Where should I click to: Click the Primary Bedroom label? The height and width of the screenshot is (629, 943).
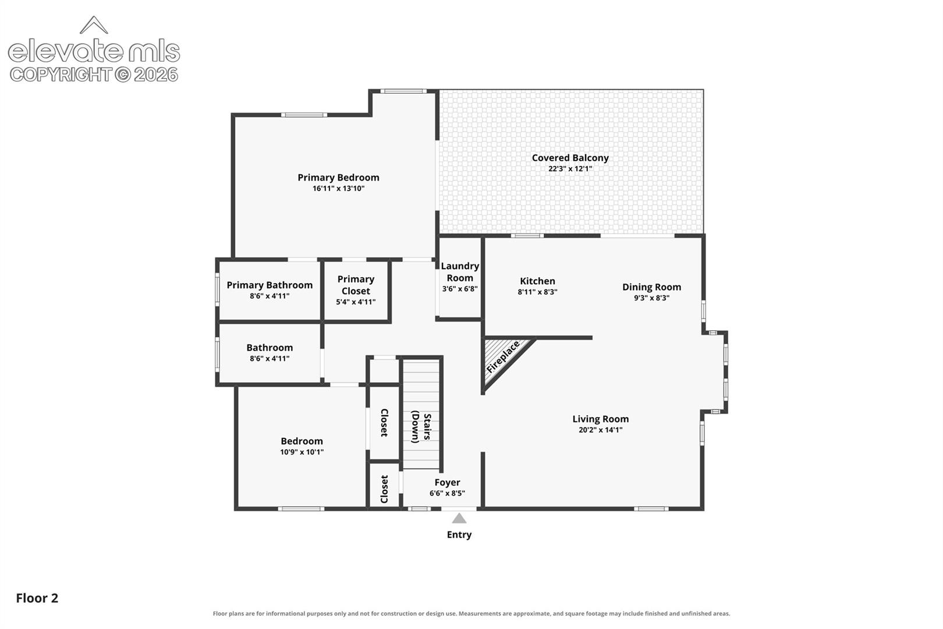[338, 178]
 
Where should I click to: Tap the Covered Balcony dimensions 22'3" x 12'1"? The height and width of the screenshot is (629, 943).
[570, 168]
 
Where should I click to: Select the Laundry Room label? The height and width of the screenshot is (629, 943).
[460, 272]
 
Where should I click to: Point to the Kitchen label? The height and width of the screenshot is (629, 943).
[537, 281]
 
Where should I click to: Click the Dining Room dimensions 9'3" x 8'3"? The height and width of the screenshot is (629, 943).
[652, 298]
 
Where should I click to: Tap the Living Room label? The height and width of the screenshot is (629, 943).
[600, 419]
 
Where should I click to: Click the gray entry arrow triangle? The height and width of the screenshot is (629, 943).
[459, 518]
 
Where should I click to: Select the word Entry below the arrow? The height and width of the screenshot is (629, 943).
[459, 535]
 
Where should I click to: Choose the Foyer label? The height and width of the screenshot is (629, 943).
[447, 482]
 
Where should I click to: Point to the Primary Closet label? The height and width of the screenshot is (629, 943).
[356, 285]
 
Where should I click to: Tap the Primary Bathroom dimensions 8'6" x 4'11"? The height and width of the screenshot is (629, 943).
[270, 296]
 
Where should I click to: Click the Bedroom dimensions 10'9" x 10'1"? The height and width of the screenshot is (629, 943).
[302, 452]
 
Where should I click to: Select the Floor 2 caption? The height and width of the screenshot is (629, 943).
[37, 598]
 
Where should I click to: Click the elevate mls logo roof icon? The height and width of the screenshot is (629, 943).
[94, 25]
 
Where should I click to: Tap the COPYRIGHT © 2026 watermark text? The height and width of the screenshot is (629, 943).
[94, 75]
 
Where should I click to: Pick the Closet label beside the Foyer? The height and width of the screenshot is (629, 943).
[384, 489]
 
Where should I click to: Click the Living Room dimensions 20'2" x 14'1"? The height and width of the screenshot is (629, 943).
[600, 430]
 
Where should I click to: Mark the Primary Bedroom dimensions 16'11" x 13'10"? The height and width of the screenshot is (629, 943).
[338, 188]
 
